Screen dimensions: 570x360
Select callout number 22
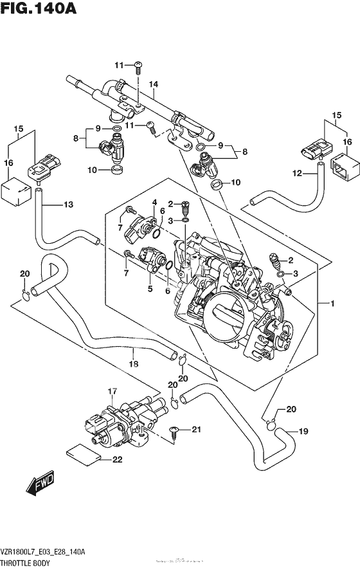116,459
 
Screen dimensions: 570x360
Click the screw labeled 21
174,431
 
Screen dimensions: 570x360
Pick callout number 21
197,429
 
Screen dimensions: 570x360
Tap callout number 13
68,205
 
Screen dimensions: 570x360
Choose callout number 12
297,172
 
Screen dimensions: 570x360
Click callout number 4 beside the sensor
154,203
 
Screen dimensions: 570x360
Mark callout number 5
150,289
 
